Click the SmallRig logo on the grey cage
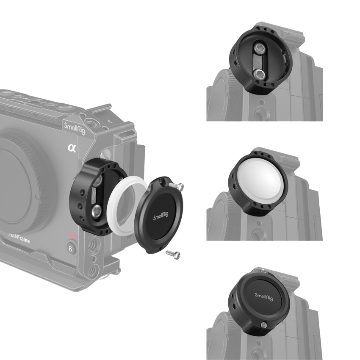tap(74, 127)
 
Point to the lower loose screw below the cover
tap(173, 254)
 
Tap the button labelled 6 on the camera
tap(70, 249)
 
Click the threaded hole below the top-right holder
tap(258, 114)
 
